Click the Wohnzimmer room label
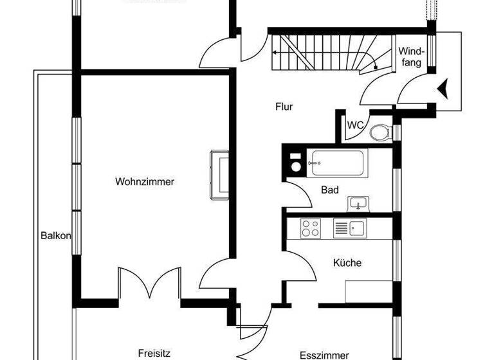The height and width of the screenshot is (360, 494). click(145, 182)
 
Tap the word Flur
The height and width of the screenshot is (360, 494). click(284, 107)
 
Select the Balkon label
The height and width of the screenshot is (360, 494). click(55, 235)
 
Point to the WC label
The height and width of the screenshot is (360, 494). click(356, 125)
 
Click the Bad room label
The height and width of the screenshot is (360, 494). click(330, 190)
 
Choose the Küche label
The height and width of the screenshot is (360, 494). click(347, 262)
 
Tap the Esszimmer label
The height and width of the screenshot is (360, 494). click(324, 355)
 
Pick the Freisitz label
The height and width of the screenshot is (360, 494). click(154, 352)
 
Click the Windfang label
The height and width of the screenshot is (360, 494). click(410, 57)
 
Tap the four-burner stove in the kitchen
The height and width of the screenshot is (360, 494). click(311, 227)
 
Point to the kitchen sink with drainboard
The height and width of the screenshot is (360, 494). click(349, 228)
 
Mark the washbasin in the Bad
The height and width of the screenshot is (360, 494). click(358, 204)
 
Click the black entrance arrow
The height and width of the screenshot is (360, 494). click(443, 85)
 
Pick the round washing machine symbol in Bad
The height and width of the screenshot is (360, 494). click(297, 166)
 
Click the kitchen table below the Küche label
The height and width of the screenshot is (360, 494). click(368, 291)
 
